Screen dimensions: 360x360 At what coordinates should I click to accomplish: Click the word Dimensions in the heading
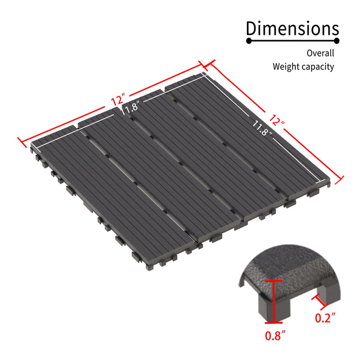pyautogui.click(x=292, y=28)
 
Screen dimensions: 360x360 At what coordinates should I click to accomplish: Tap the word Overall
pyautogui.click(x=320, y=53)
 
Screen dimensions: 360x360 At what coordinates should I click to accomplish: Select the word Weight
pyautogui.click(x=286, y=66)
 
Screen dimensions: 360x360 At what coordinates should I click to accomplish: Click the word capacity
pyautogui.click(x=318, y=67)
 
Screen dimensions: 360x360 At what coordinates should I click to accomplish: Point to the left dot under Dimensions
pyautogui.click(x=249, y=41)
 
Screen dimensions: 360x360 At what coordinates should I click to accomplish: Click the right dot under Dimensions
pyautogui.click(x=336, y=41)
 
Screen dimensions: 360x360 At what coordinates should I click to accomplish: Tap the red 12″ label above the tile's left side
pyautogui.click(x=117, y=99)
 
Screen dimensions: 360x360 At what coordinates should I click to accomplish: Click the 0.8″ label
pyautogui.click(x=275, y=337)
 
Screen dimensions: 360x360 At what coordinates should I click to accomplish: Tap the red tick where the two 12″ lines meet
pyautogui.click(x=205, y=65)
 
